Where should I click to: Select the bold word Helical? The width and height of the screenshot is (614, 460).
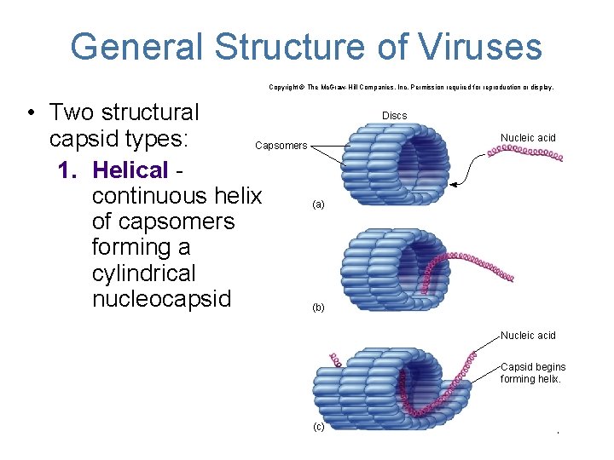(130, 170)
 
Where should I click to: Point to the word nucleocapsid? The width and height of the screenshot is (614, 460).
(162, 299)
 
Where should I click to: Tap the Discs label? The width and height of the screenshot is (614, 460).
(394, 116)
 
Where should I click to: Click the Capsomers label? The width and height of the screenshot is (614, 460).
(281, 146)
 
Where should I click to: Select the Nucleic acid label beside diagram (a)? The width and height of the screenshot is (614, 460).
(528, 138)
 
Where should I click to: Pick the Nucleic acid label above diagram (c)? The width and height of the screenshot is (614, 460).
(528, 336)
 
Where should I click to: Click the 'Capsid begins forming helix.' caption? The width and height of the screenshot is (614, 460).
(533, 373)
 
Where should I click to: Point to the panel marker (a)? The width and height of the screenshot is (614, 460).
(318, 204)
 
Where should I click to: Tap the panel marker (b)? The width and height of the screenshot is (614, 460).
(318, 308)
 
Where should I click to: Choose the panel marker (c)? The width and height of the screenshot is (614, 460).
(318, 427)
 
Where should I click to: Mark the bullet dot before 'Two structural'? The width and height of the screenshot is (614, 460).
(31, 113)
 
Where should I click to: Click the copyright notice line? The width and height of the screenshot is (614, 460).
(411, 87)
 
